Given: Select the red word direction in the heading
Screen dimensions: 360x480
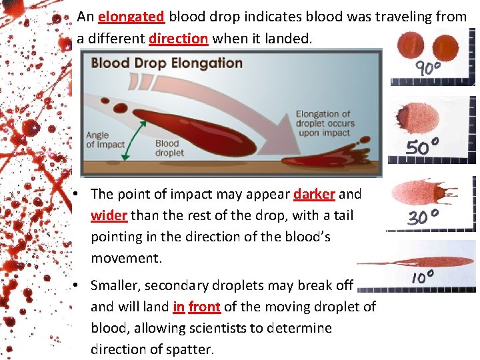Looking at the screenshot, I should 178,39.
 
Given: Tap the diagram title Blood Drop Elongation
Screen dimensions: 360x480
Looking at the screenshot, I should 167,63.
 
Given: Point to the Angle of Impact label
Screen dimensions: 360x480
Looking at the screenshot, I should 105,140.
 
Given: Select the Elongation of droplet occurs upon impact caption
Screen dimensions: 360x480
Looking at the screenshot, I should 325,123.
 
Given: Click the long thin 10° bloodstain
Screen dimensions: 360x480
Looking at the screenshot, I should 420,261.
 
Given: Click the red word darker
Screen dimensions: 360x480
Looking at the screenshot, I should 314,194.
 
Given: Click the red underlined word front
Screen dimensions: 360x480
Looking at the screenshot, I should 205,307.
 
